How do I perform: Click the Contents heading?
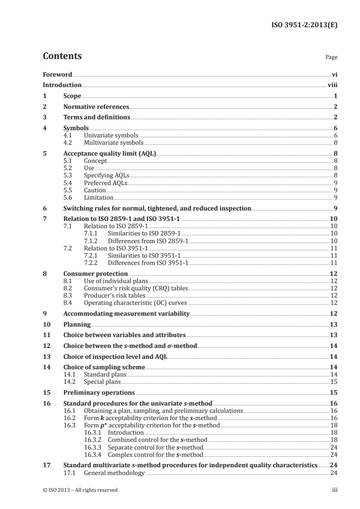[x=62, y=57]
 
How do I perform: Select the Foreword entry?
[x=57, y=74]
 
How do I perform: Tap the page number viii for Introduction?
[x=332, y=85]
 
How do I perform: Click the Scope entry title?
[x=72, y=96]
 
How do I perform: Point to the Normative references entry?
[x=96, y=107]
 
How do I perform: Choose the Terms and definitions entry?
[x=97, y=118]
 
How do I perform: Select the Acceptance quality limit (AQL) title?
[x=109, y=154]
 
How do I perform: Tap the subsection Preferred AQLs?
[x=105, y=183]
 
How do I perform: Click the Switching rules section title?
[x=157, y=209]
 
